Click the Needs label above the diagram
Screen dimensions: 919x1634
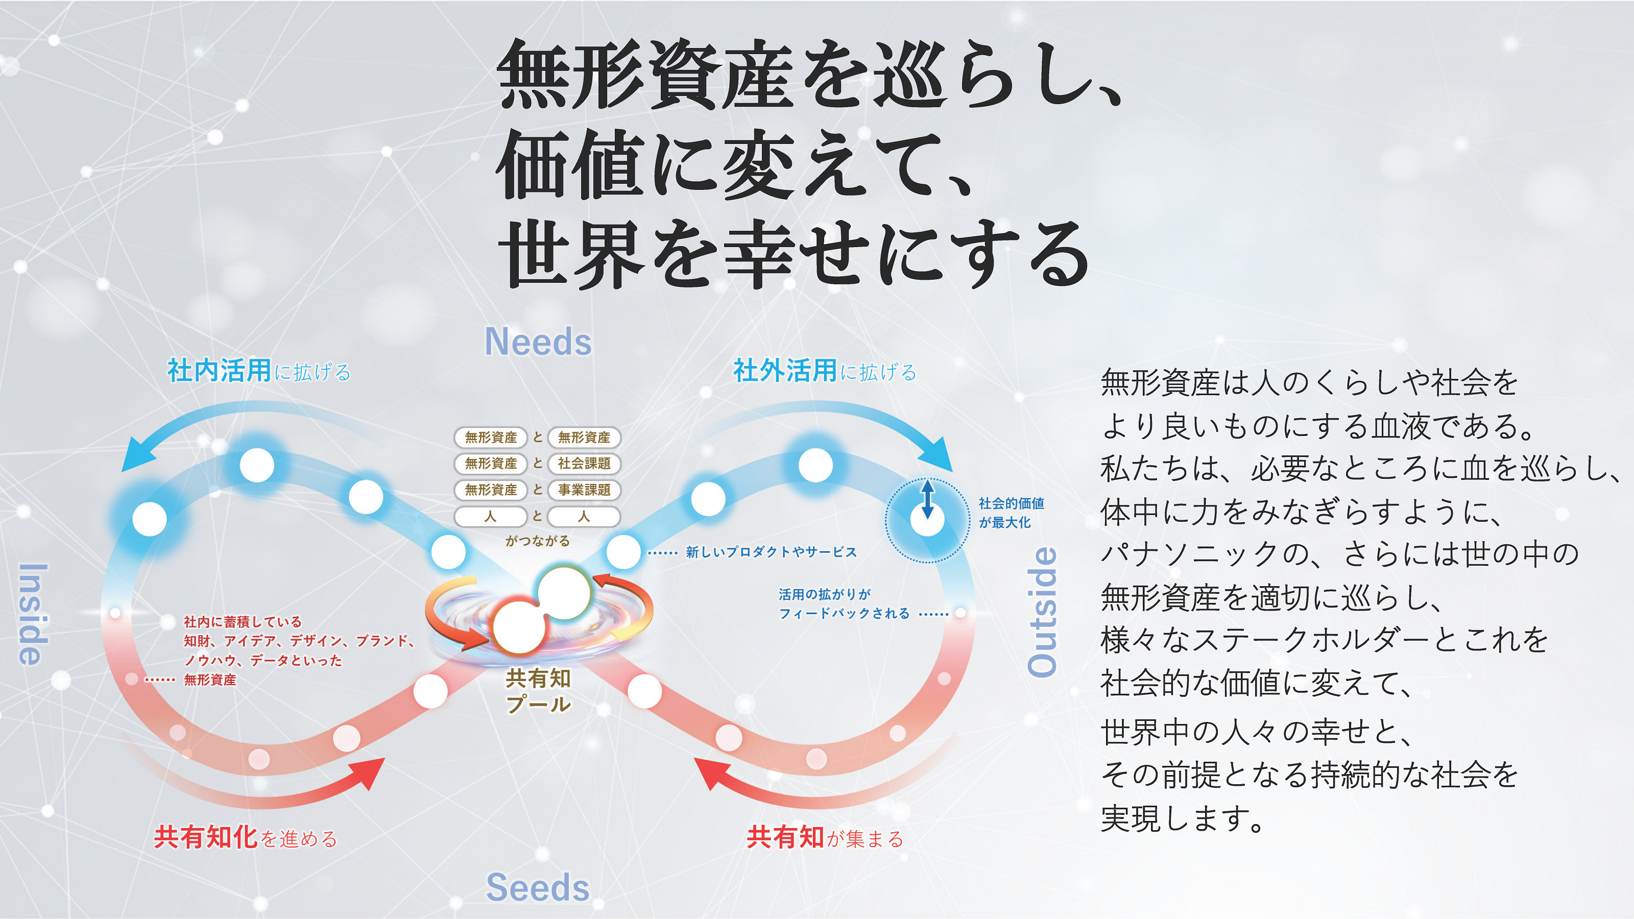click(538, 342)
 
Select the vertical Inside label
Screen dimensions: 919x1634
click(32, 614)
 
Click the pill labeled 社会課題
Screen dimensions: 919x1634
click(584, 464)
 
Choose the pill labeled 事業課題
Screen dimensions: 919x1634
click(584, 490)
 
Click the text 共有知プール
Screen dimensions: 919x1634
click(538, 691)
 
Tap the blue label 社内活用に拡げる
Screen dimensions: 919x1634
click(259, 371)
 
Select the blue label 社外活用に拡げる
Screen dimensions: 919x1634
click(825, 371)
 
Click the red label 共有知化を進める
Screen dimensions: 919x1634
click(246, 838)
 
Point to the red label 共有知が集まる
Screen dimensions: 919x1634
click(825, 838)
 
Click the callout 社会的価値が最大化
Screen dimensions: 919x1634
click(1011, 513)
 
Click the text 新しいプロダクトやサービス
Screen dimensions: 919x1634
click(771, 552)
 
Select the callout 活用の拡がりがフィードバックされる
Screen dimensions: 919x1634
click(844, 604)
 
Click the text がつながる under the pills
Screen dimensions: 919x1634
click(538, 541)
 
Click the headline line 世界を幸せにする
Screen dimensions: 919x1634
click(793, 254)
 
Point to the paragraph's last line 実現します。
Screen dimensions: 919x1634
click(1183, 818)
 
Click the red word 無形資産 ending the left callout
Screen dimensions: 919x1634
click(210, 680)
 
